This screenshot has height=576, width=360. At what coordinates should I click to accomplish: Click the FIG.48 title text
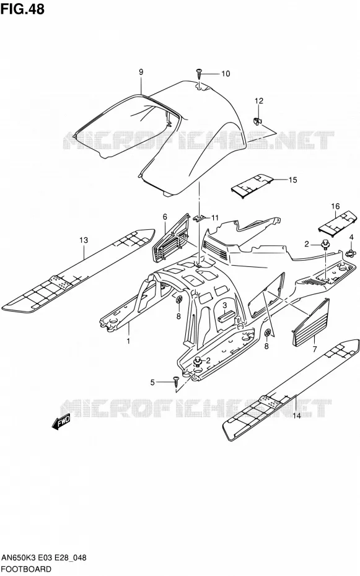22,9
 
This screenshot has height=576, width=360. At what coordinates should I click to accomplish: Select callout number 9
141,72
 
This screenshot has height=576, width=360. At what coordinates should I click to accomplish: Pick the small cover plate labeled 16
338,222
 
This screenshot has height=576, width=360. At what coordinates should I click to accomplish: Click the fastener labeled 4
350,253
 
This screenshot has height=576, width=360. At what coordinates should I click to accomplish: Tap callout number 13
84,240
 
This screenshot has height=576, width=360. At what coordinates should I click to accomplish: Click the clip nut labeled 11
200,218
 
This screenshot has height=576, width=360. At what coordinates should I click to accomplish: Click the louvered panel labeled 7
311,323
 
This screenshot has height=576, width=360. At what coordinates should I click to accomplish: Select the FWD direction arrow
61,423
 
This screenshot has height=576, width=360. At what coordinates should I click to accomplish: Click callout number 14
296,416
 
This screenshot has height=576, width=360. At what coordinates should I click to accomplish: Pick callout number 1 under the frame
128,341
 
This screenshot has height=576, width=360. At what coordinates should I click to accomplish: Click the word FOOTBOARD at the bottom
26,569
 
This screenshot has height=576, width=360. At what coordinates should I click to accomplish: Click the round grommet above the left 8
179,299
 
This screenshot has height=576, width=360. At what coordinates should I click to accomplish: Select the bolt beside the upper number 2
325,243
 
